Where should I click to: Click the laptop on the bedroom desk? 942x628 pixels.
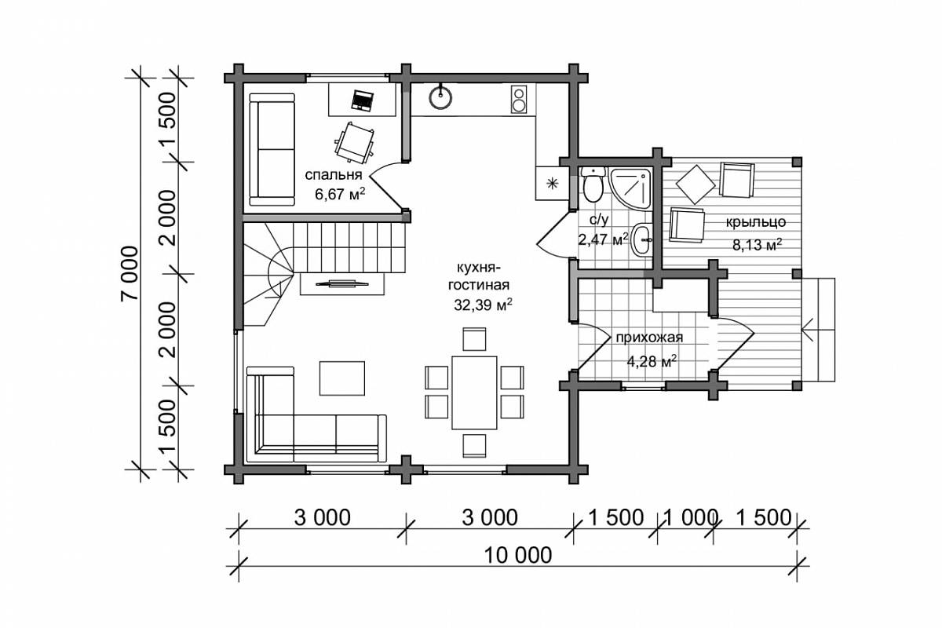[x=362, y=101]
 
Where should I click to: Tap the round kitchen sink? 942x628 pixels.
[x=440, y=97]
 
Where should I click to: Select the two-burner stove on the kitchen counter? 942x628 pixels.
[x=519, y=100]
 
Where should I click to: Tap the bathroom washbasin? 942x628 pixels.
[x=642, y=239]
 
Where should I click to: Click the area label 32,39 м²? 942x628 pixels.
[x=483, y=305]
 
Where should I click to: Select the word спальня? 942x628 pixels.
[x=334, y=174]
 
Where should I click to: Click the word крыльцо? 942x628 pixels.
[x=756, y=222]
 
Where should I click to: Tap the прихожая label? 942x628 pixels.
[x=650, y=338]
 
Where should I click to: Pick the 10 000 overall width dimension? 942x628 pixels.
[x=518, y=555]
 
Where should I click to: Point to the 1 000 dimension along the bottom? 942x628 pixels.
[x=688, y=518]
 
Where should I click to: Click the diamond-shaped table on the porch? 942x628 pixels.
[x=696, y=184]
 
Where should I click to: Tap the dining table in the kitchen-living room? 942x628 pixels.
[x=474, y=392]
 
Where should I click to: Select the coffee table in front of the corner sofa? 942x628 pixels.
[x=342, y=378]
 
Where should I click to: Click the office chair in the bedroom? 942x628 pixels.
[x=355, y=143]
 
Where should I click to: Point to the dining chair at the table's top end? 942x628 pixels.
[x=474, y=339]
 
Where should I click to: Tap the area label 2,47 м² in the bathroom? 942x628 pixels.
[x=603, y=239]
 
